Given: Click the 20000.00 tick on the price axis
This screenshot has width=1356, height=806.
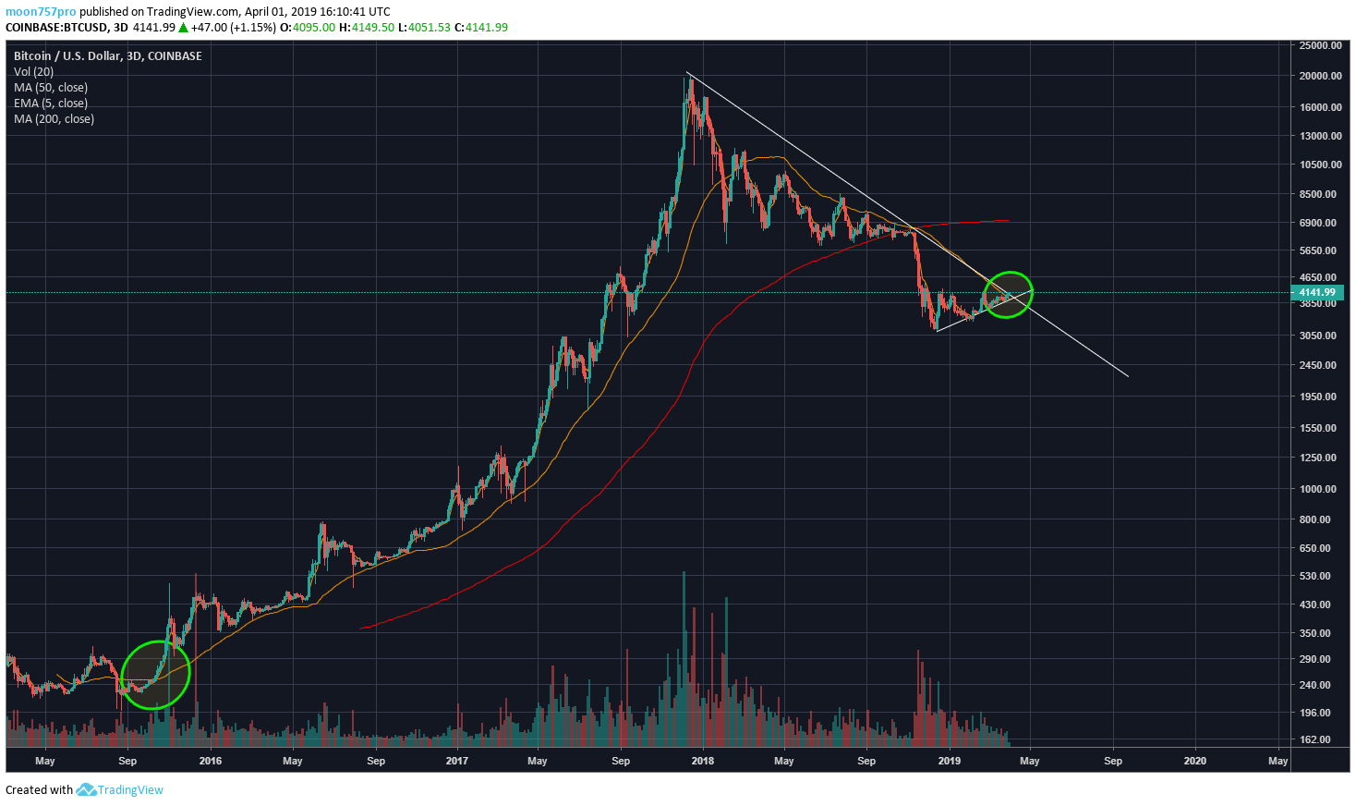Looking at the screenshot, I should coord(1319,76).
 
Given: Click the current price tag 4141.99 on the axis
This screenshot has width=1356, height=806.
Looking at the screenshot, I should coord(1317,292).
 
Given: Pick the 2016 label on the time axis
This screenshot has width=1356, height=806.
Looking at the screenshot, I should coord(211,761).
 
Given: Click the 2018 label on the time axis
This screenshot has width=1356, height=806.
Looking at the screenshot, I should coord(702,761).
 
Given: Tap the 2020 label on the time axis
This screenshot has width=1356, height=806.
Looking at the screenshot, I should coord(1194,761).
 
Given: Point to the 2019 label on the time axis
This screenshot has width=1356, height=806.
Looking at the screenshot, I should coord(949,761).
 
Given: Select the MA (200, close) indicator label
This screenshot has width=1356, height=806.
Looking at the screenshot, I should coord(54,118).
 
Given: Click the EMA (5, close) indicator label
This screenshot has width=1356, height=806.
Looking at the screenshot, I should coord(51,103).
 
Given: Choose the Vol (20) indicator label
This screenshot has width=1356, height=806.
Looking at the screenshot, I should coord(33,71).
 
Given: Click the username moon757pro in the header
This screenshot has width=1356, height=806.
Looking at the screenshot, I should coord(41,12).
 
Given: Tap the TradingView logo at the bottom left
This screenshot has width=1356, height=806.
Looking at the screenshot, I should coord(119,789).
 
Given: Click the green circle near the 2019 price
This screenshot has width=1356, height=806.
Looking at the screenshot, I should coord(1008,295).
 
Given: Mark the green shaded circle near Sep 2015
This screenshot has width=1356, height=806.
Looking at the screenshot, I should coord(155,675).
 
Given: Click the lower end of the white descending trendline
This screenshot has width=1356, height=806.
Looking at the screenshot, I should coord(1127,375).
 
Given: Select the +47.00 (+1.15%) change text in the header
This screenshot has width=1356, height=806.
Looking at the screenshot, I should coord(233,27).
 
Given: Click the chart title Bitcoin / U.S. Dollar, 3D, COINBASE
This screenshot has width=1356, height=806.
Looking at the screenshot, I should coord(107,55).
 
